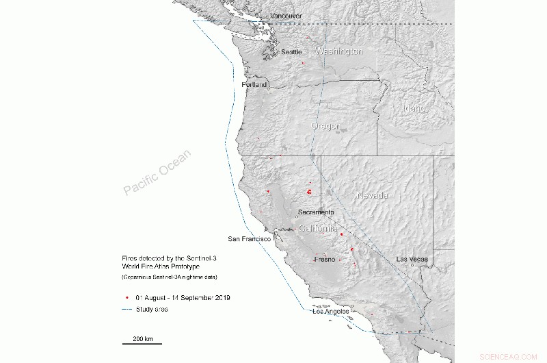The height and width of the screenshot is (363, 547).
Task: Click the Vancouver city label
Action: pyautogui.click(x=286, y=16)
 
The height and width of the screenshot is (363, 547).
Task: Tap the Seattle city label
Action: pyautogui.click(x=291, y=52)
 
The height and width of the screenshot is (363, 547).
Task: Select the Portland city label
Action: pyautogui.click(x=254, y=84)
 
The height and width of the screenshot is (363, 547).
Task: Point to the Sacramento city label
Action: pyautogui.click(x=316, y=212)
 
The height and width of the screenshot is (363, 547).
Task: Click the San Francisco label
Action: pyautogui.click(x=250, y=238)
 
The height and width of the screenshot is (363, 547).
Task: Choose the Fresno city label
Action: pyautogui.click(x=324, y=260)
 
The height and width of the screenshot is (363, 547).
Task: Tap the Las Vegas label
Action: pyautogui.click(x=412, y=259)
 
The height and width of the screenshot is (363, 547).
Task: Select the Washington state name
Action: pyautogui.click(x=338, y=51)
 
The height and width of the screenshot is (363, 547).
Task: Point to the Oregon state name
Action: pyautogui.click(x=325, y=126)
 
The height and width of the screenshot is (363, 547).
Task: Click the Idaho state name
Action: pyautogui.click(x=414, y=109)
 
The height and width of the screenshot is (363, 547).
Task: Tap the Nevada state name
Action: pyautogui.click(x=373, y=196)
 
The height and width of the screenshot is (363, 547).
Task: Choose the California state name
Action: pyautogui.click(x=318, y=228)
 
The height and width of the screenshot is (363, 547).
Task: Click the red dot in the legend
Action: pyautogui.click(x=127, y=298)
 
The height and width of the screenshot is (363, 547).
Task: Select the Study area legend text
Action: pyautogui.click(x=152, y=310)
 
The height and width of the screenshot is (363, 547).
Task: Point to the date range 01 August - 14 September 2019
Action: pyautogui.click(x=183, y=298)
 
